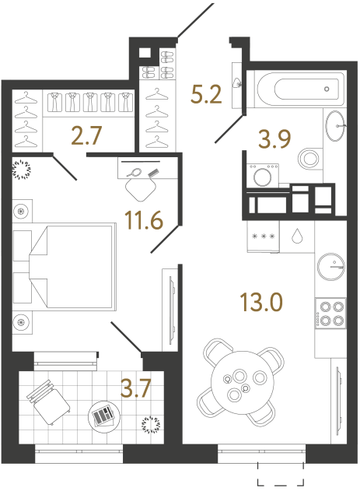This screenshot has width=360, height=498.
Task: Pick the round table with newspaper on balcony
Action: tap(103, 416)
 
